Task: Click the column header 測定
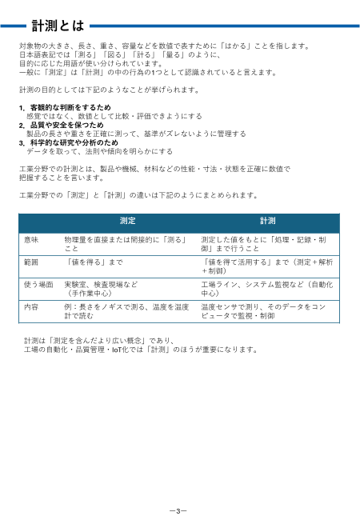click(x=127, y=220)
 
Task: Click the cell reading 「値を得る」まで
click(x=94, y=262)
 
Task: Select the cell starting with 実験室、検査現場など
click(x=102, y=289)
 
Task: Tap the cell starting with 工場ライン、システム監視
click(x=266, y=289)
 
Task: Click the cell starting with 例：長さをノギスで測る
click(x=126, y=311)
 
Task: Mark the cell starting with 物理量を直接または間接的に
click(x=125, y=244)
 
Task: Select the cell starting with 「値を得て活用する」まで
click(x=268, y=266)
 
